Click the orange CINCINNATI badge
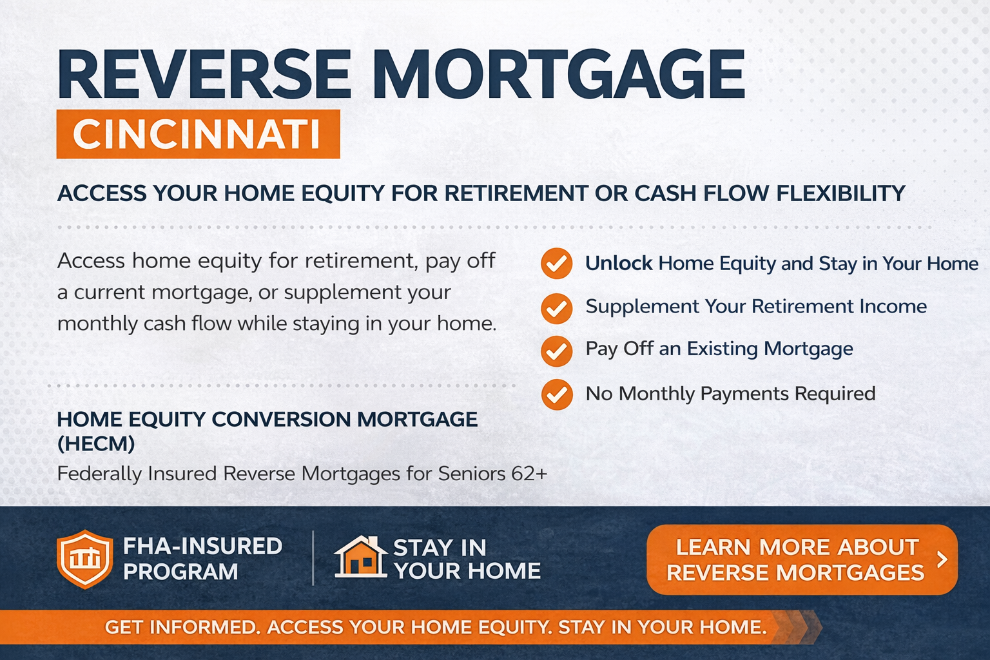coord(198,134)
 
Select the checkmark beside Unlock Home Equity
coord(556,264)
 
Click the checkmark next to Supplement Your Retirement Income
coord(556,308)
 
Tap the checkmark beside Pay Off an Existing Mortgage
coord(556,351)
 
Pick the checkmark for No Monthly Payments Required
coord(556,394)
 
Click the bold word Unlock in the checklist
coord(619,264)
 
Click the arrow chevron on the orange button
coord(942,559)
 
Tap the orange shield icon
coord(84,559)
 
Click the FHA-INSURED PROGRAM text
coord(202,559)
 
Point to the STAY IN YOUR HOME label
coord(467,559)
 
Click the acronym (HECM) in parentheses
coord(96,443)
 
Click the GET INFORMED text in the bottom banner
coord(180,627)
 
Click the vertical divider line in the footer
coord(313,558)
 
